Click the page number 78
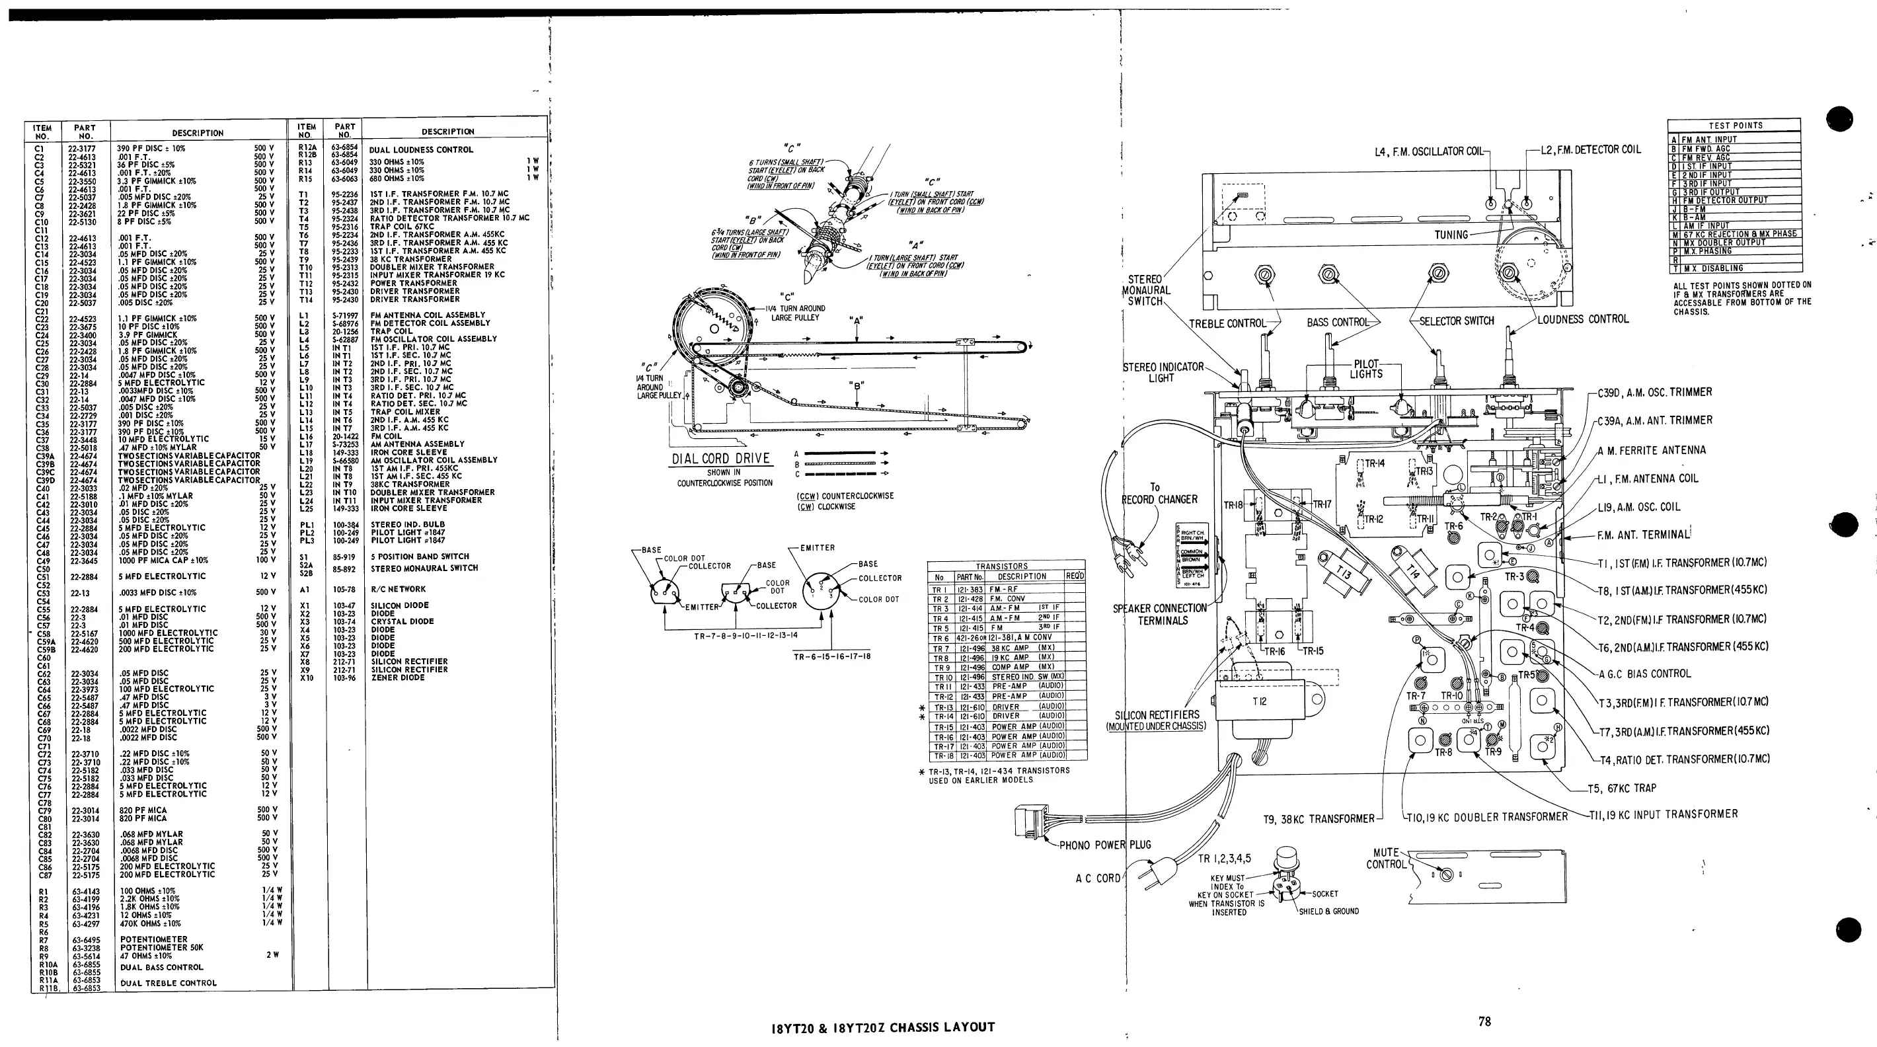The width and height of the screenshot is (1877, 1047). click(x=1484, y=1021)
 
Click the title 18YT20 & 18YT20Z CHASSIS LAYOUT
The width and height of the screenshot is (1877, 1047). click(x=882, y=1027)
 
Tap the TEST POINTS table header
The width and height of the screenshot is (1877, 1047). click(x=1736, y=126)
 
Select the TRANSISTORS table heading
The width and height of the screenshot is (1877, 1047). click(x=1001, y=566)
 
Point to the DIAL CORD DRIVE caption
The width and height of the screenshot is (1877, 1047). click(x=720, y=458)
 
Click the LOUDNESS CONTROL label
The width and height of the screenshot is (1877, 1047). click(x=1583, y=319)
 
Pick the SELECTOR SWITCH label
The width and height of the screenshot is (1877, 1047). click(x=1457, y=321)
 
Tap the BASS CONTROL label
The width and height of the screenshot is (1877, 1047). click(x=1338, y=322)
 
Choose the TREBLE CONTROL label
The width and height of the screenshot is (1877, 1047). click(x=1227, y=323)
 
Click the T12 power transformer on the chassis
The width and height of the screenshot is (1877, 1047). click(x=1260, y=701)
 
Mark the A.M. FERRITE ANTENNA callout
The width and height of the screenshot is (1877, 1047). click(x=1651, y=450)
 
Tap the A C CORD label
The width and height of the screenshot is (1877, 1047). click(x=1097, y=878)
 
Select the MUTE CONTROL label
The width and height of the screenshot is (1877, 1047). click(x=1386, y=859)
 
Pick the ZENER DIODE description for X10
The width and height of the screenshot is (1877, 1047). click(x=398, y=678)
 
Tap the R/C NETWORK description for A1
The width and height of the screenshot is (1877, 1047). click(x=398, y=589)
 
